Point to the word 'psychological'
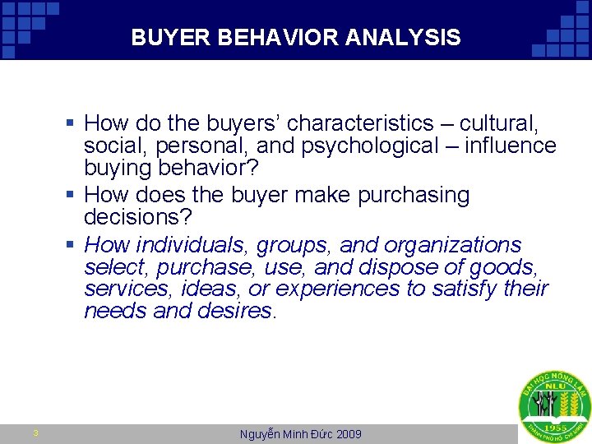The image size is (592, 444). (x=349, y=146)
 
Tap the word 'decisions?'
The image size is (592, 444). (x=137, y=217)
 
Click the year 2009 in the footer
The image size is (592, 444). (x=348, y=434)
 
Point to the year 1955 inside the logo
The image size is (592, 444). (x=554, y=428)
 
